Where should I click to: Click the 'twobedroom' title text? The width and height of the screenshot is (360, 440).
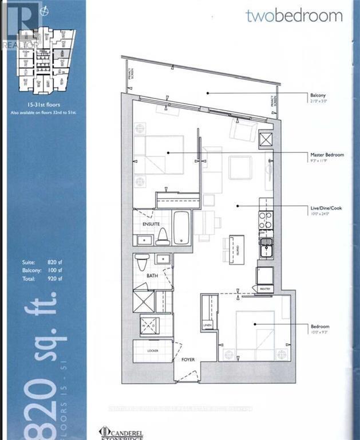click(294, 15)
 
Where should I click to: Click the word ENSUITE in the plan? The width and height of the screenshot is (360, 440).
click(151, 225)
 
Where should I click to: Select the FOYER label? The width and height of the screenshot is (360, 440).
click(188, 360)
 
